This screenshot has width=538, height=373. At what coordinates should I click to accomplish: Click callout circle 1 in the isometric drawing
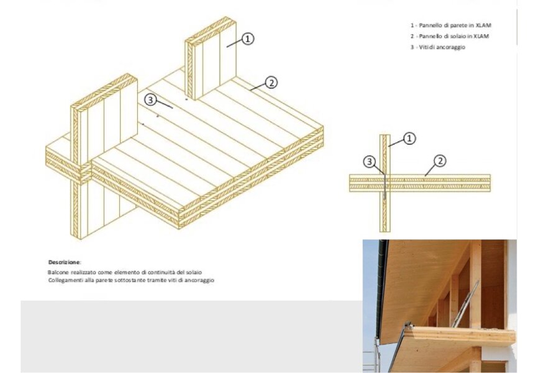pos(248,39)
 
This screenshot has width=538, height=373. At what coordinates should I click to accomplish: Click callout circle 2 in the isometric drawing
pos(271,83)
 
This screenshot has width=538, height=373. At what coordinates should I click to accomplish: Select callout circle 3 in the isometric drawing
pos(150,100)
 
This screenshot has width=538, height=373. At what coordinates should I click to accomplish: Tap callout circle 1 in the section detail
pos(409,139)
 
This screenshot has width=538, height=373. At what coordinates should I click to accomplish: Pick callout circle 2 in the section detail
pos(440,161)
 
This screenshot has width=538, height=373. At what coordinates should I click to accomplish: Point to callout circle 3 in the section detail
pos(370,162)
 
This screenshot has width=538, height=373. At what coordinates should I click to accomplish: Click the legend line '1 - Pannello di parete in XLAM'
pos(451,25)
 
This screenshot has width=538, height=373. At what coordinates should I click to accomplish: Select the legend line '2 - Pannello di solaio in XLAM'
pos(450,36)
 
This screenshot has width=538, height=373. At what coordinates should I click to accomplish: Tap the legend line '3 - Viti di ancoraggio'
pos(438,47)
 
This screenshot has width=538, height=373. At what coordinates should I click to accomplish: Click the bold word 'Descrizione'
pos(64,262)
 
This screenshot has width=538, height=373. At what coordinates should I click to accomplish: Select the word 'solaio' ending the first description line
pos(194,272)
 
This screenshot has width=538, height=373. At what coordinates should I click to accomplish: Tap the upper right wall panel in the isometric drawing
pos(211,58)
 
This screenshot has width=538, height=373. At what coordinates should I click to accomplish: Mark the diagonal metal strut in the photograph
pos(465,304)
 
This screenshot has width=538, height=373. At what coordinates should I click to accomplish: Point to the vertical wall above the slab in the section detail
pos(385,155)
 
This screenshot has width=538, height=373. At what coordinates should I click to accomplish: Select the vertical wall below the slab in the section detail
pos(385,211)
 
